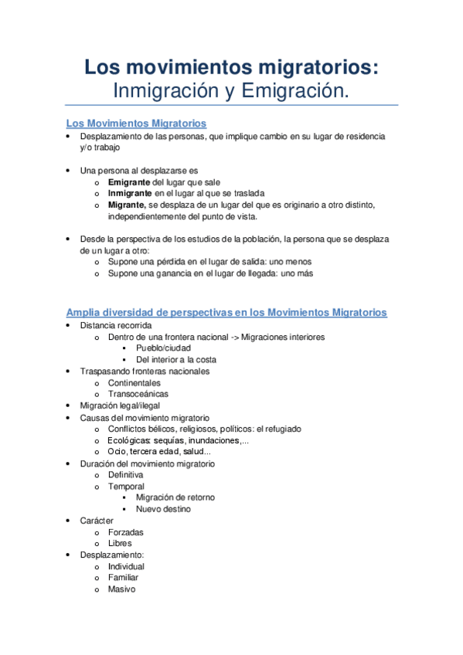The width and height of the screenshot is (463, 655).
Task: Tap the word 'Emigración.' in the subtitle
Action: point(295,91)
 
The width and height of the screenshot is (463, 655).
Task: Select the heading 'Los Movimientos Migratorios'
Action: point(136,124)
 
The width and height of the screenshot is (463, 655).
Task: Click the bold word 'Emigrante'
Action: point(129,182)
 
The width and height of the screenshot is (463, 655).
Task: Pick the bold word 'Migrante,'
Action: point(127,205)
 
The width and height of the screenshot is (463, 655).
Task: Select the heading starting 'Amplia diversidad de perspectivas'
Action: point(226,313)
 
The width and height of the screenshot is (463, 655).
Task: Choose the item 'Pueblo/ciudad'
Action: point(163,348)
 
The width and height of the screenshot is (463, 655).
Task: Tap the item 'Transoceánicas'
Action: point(138,394)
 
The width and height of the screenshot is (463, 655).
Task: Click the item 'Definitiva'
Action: point(126,475)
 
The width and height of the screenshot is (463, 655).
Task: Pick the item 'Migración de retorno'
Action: point(175,498)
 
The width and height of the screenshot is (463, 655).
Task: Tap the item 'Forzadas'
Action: point(125,532)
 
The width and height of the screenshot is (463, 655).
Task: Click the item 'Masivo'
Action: point(121,589)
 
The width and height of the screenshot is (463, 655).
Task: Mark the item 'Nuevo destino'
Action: point(163,510)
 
